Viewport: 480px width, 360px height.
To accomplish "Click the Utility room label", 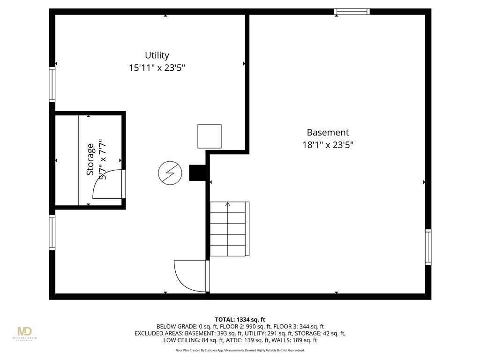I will click(x=157, y=55).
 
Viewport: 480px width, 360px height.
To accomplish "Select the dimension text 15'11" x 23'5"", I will click(x=157, y=68).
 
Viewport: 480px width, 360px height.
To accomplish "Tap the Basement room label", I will click(x=328, y=133).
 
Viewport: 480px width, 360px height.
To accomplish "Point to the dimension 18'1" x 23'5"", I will click(x=328, y=145).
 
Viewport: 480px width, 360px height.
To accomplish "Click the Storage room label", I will click(x=90, y=160).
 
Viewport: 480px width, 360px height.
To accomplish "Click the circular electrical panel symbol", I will click(x=169, y=173).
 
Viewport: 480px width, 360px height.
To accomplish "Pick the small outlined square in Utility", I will click(x=209, y=136).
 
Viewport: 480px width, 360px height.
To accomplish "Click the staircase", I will click(x=229, y=229).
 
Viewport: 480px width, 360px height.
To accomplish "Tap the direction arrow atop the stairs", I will click(x=228, y=204).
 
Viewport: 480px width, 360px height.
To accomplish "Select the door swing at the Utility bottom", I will click(x=190, y=276).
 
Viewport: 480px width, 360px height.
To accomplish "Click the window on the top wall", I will click(x=352, y=12).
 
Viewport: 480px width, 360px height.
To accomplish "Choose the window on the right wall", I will click(x=428, y=247).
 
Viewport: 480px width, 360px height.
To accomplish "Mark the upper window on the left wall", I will click(x=52, y=84).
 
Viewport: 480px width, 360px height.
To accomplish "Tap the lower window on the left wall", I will click(x=52, y=232).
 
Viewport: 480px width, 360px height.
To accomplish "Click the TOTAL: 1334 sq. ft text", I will click(x=240, y=319).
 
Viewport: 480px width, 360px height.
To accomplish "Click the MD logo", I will click(x=27, y=334).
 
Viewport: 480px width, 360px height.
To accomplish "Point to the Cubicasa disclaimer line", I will click(x=240, y=350).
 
